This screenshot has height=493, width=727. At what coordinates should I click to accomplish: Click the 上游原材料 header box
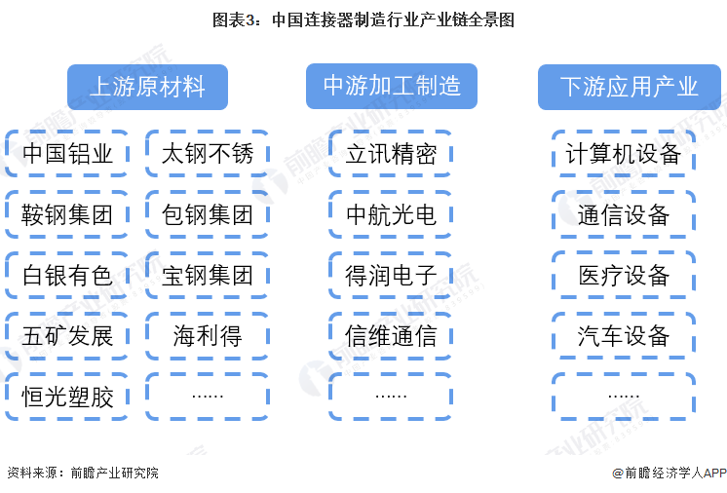(147, 87)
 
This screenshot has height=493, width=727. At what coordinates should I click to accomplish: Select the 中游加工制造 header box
(392, 86)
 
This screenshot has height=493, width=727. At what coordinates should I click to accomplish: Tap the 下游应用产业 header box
(630, 87)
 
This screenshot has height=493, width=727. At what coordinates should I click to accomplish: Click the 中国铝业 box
(67, 154)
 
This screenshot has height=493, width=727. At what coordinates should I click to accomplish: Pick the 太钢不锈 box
(208, 154)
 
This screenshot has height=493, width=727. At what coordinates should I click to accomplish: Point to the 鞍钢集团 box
(67, 214)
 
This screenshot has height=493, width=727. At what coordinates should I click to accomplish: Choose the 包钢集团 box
(208, 214)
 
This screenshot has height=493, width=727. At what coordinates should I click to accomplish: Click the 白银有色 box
(67, 275)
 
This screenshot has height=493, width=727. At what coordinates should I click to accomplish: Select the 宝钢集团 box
(208, 275)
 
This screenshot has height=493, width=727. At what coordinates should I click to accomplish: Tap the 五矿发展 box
(67, 336)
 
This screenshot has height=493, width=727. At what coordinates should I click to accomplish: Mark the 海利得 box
(208, 336)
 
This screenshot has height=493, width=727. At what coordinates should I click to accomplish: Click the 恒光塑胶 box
(67, 397)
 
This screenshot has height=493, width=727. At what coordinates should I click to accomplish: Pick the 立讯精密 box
(391, 154)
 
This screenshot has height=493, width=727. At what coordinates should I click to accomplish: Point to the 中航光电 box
(391, 214)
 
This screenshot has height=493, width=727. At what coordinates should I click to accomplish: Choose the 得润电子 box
(391, 275)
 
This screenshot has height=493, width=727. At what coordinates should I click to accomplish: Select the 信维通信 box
(391, 336)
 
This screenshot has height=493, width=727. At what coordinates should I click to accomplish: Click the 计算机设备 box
(624, 154)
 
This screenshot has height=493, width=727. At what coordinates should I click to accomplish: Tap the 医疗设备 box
(624, 275)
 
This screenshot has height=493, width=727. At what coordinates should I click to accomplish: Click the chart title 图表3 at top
(363, 19)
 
